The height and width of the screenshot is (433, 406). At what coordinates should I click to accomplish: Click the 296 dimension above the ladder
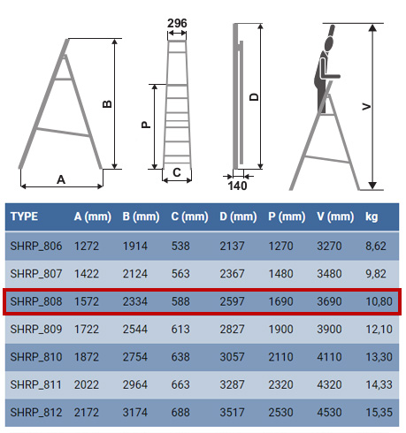177,23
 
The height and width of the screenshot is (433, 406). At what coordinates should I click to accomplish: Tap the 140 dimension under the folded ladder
237,186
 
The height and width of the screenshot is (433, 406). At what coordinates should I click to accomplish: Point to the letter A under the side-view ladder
61,179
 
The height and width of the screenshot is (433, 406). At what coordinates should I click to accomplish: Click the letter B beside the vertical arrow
107,104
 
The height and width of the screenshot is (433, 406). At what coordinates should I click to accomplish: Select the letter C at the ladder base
177,172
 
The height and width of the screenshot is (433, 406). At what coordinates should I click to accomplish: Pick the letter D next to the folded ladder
254,97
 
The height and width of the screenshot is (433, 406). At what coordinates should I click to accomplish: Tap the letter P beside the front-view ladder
146,125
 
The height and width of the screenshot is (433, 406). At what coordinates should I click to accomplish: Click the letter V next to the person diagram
366,106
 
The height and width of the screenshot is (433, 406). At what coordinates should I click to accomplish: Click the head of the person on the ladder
329,44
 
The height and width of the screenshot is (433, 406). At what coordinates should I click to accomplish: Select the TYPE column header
24,216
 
